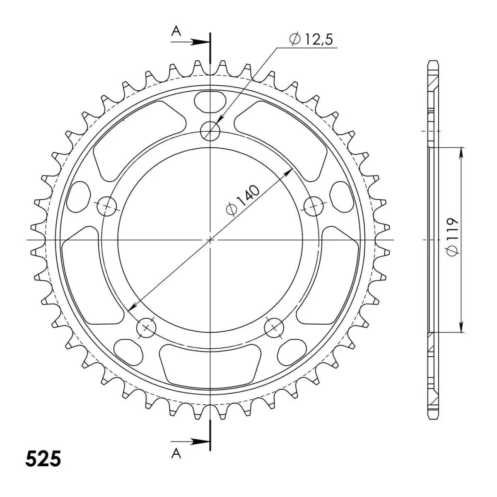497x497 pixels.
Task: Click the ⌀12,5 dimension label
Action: (x=311, y=39)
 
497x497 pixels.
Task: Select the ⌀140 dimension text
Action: (x=243, y=200)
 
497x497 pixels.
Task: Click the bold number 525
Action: (x=43, y=459)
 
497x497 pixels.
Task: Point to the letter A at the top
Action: (x=176, y=31)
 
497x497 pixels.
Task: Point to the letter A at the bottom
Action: (x=176, y=461)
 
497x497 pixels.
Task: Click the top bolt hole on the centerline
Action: (x=210, y=131)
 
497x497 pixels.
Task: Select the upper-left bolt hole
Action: (x=107, y=206)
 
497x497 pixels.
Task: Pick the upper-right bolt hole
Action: (x=314, y=206)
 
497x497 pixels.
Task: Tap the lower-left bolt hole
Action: (x=146, y=328)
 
